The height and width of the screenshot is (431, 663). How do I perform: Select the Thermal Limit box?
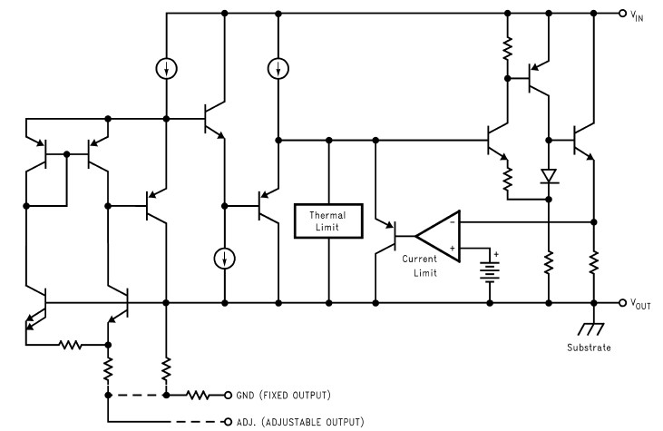point(328,221)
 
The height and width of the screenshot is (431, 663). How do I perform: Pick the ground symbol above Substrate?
point(594,328)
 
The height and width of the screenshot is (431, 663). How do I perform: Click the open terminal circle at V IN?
point(622,14)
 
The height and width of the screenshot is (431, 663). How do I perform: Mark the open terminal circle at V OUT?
point(622,304)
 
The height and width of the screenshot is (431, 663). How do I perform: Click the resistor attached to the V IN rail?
point(508,47)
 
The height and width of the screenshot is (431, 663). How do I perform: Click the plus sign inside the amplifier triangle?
point(453,248)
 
